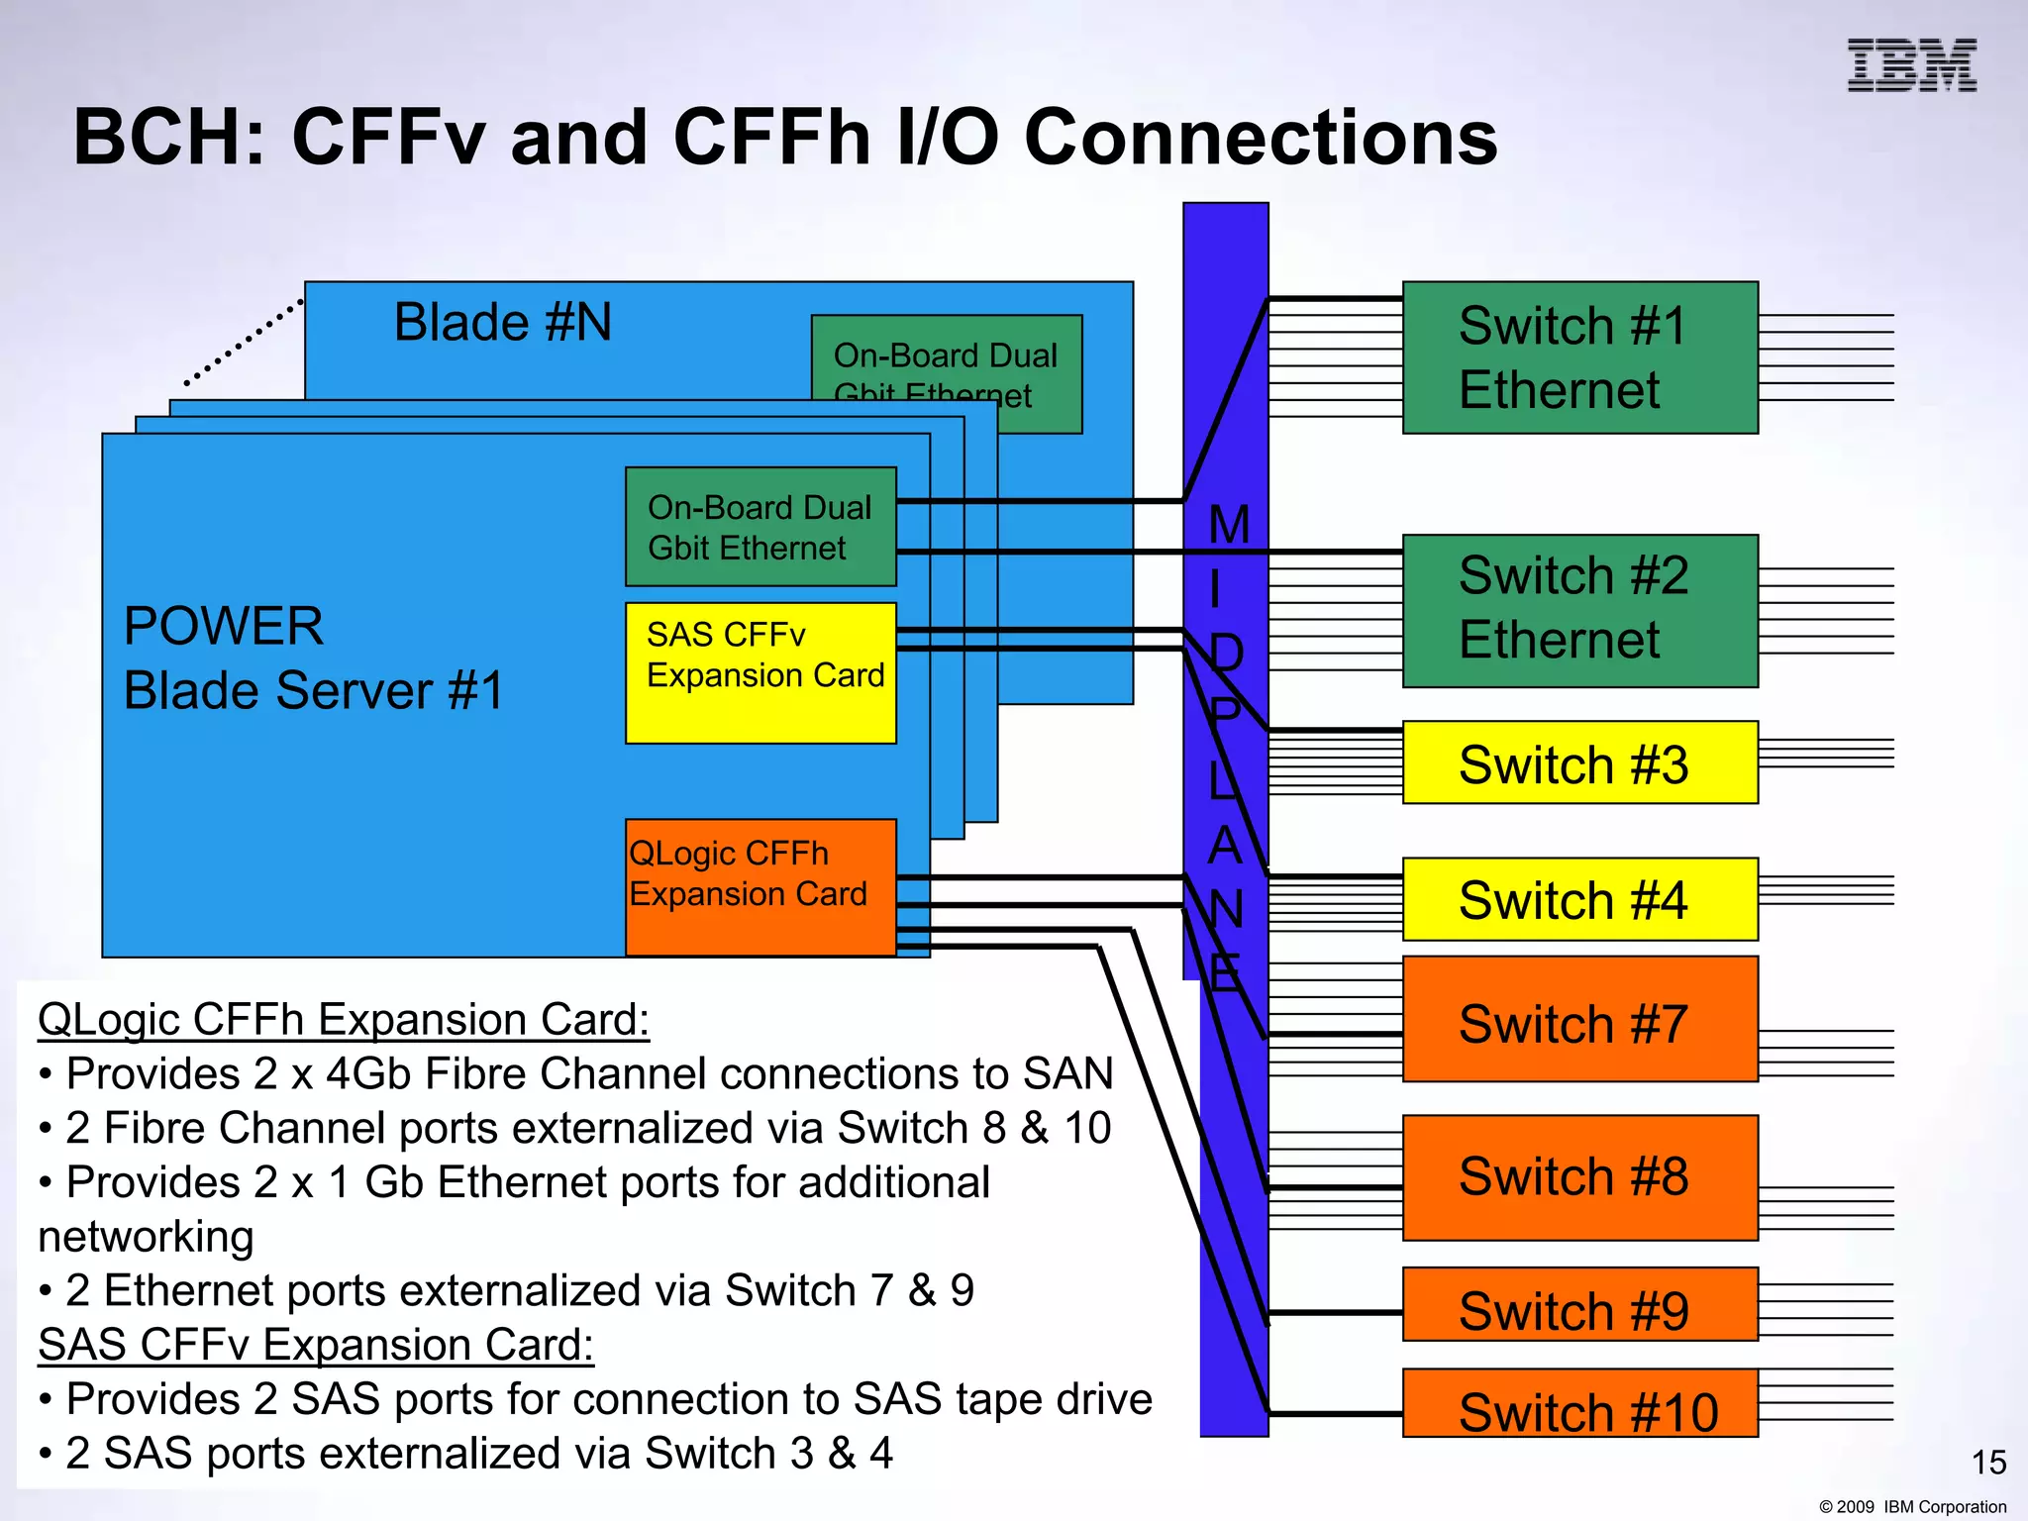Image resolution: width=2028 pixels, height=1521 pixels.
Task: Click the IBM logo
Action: click(x=1911, y=65)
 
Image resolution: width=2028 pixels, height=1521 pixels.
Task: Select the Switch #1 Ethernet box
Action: click(x=1579, y=357)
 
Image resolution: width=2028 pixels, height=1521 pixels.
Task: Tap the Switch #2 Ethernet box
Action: click(x=1579, y=610)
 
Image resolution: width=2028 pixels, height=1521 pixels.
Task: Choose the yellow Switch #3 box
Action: click(x=1579, y=762)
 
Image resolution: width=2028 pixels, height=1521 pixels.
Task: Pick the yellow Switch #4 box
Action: click(x=1579, y=899)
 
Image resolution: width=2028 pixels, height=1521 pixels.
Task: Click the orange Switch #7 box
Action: click(x=1579, y=1020)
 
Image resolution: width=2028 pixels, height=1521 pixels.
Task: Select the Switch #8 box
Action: click(x=1579, y=1176)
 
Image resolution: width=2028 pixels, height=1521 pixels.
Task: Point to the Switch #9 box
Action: click(x=1579, y=1305)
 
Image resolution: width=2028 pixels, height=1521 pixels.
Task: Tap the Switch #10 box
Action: click(x=1579, y=1404)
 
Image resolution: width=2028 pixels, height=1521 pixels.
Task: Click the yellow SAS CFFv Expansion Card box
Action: click(x=760, y=673)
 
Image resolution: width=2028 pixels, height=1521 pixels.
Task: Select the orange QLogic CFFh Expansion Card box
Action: click(x=760, y=886)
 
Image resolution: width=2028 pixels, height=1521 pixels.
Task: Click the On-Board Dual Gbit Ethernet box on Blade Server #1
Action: click(x=760, y=527)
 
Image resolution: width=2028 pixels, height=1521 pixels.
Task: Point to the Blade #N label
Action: click(x=503, y=323)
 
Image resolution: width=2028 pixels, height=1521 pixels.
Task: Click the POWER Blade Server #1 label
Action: click(x=313, y=659)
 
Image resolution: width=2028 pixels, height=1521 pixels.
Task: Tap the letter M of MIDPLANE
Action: click(x=1229, y=525)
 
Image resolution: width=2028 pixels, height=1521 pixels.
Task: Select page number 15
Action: click(x=1988, y=1463)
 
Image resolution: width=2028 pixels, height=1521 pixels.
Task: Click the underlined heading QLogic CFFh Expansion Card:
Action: click(x=344, y=1020)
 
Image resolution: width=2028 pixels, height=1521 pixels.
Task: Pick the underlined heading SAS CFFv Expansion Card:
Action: click(x=316, y=1345)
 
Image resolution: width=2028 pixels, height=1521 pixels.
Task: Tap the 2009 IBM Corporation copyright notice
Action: click(x=1912, y=1506)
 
